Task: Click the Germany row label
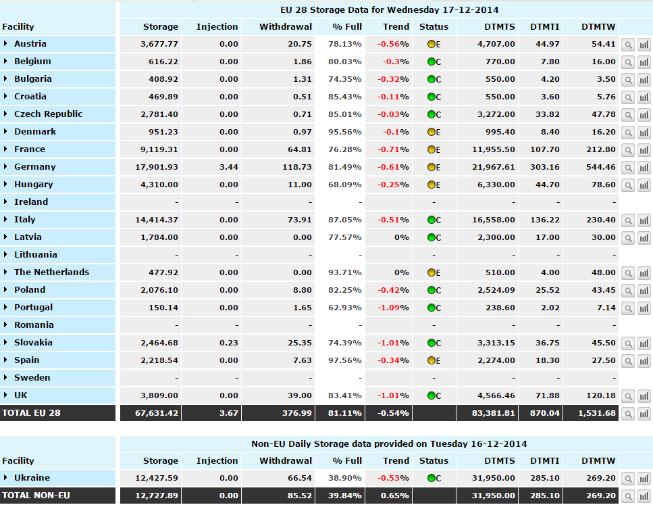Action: pyautogui.click(x=34, y=167)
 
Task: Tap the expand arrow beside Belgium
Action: pyautogui.click(x=5, y=62)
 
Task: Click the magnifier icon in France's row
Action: pyautogui.click(x=628, y=149)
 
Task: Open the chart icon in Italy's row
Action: pyautogui.click(x=644, y=220)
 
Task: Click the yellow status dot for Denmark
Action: pyautogui.click(x=431, y=132)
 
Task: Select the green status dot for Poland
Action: pyautogui.click(x=431, y=290)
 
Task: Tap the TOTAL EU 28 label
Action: pyautogui.click(x=32, y=412)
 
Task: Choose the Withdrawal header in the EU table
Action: pyautogui.click(x=286, y=27)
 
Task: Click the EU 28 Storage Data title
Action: pyautogui.click(x=390, y=9)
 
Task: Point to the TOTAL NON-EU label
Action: pyautogui.click(x=36, y=496)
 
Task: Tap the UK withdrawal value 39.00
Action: pyautogui.click(x=301, y=395)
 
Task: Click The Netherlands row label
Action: pyautogui.click(x=51, y=272)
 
